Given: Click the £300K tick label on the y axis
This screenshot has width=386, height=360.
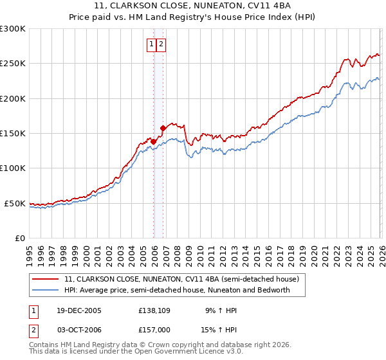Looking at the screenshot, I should pyautogui.click(x=13, y=29).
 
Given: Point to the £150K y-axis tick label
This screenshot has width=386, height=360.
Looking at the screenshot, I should pyautogui.click(x=13, y=134).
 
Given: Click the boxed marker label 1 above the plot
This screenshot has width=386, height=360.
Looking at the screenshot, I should pyautogui.click(x=152, y=44).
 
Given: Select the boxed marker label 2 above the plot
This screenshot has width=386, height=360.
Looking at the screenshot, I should pyautogui.click(x=161, y=44).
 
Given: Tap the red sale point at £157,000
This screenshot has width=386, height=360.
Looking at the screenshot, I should pyautogui.click(x=163, y=129).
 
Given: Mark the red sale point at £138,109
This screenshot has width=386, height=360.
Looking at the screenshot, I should pyautogui.click(x=154, y=141).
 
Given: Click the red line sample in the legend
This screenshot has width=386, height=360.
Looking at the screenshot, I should pyautogui.click(x=46, y=280).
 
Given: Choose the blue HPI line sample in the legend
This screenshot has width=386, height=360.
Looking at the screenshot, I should pyautogui.click(x=46, y=290).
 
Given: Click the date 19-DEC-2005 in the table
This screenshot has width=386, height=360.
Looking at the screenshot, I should pyautogui.click(x=80, y=310).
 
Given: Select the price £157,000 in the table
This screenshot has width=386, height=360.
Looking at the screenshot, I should pyautogui.click(x=154, y=329).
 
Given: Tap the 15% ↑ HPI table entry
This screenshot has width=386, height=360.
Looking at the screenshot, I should pyautogui.click(x=220, y=329).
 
